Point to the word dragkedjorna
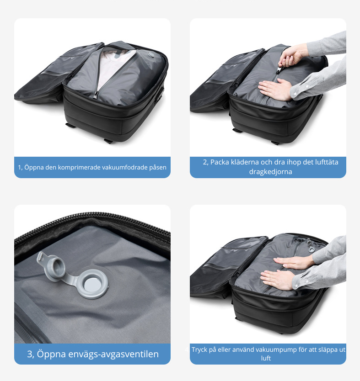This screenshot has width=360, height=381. point(270,172)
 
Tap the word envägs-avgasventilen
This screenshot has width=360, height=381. point(113,354)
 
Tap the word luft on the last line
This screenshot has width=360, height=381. point(266,358)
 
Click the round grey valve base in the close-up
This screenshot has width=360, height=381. point(93,284)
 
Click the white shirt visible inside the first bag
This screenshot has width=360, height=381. point(114,67)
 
